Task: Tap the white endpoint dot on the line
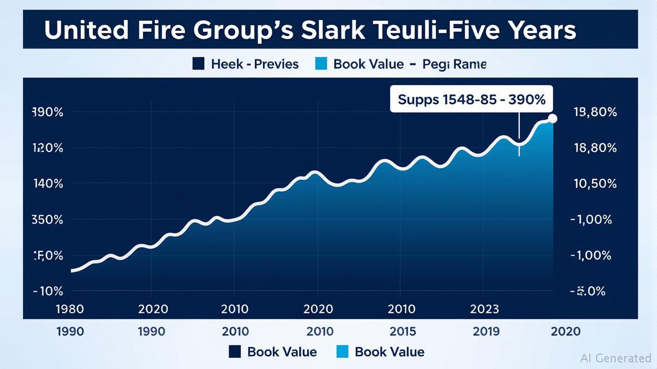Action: [552, 119]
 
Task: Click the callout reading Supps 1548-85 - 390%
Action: [471, 99]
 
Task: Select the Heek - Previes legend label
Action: [255, 64]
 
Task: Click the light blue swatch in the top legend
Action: [321, 63]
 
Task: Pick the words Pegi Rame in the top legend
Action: [454, 64]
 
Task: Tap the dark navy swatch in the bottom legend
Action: [235, 352]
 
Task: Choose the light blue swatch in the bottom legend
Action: [342, 352]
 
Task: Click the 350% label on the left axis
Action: [47, 220]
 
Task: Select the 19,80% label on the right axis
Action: [595, 112]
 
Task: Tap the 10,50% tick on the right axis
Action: [595, 184]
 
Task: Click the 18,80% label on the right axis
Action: [595, 148]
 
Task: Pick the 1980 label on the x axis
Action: [70, 308]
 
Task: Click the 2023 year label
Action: [484, 308]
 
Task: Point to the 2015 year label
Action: [403, 331]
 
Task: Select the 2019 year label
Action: [486, 331]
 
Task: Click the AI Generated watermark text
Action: [616, 357]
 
